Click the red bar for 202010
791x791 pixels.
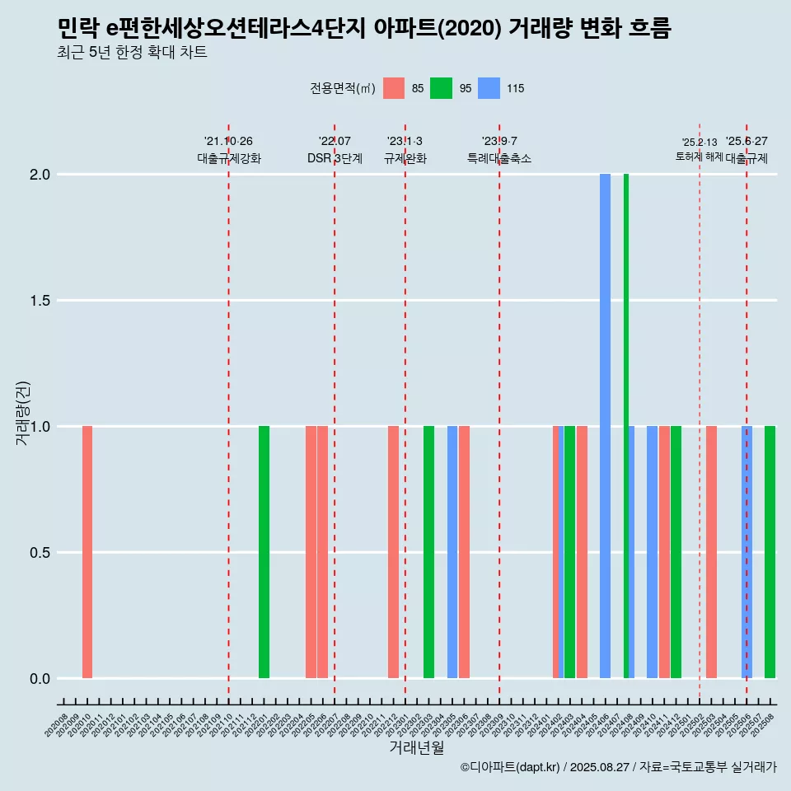87,552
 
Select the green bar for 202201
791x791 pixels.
264,552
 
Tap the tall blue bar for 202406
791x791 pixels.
605,426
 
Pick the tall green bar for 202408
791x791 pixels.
626,426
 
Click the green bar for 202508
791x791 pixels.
770,552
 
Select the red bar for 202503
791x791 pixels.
711,552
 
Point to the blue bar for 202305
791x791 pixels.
452,552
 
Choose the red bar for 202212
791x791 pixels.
393,552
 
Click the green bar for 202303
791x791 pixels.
428,552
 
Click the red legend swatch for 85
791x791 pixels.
394,88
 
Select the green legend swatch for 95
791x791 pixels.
442,88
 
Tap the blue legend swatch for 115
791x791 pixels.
489,88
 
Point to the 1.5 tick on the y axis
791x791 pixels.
39,301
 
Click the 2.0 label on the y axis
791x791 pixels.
39,175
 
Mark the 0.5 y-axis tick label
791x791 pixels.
39,553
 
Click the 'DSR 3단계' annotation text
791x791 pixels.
335,158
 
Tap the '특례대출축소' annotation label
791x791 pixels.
499,158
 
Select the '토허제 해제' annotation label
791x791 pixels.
699,157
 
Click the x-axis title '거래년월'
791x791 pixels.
416,748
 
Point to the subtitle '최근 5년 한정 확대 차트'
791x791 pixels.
132,53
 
